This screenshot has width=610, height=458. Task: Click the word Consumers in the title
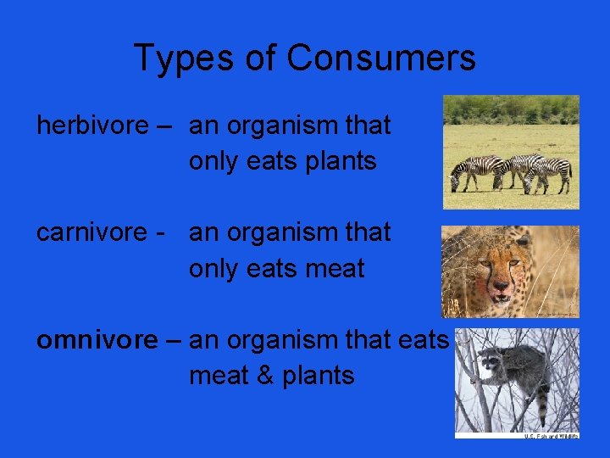tap(381, 59)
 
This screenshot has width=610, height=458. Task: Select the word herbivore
tap(92, 126)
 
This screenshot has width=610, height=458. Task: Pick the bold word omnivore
tap(97, 340)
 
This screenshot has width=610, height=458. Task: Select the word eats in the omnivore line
tap(420, 340)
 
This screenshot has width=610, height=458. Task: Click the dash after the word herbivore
tap(164, 126)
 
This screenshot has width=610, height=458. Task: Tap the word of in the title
tap(259, 59)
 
